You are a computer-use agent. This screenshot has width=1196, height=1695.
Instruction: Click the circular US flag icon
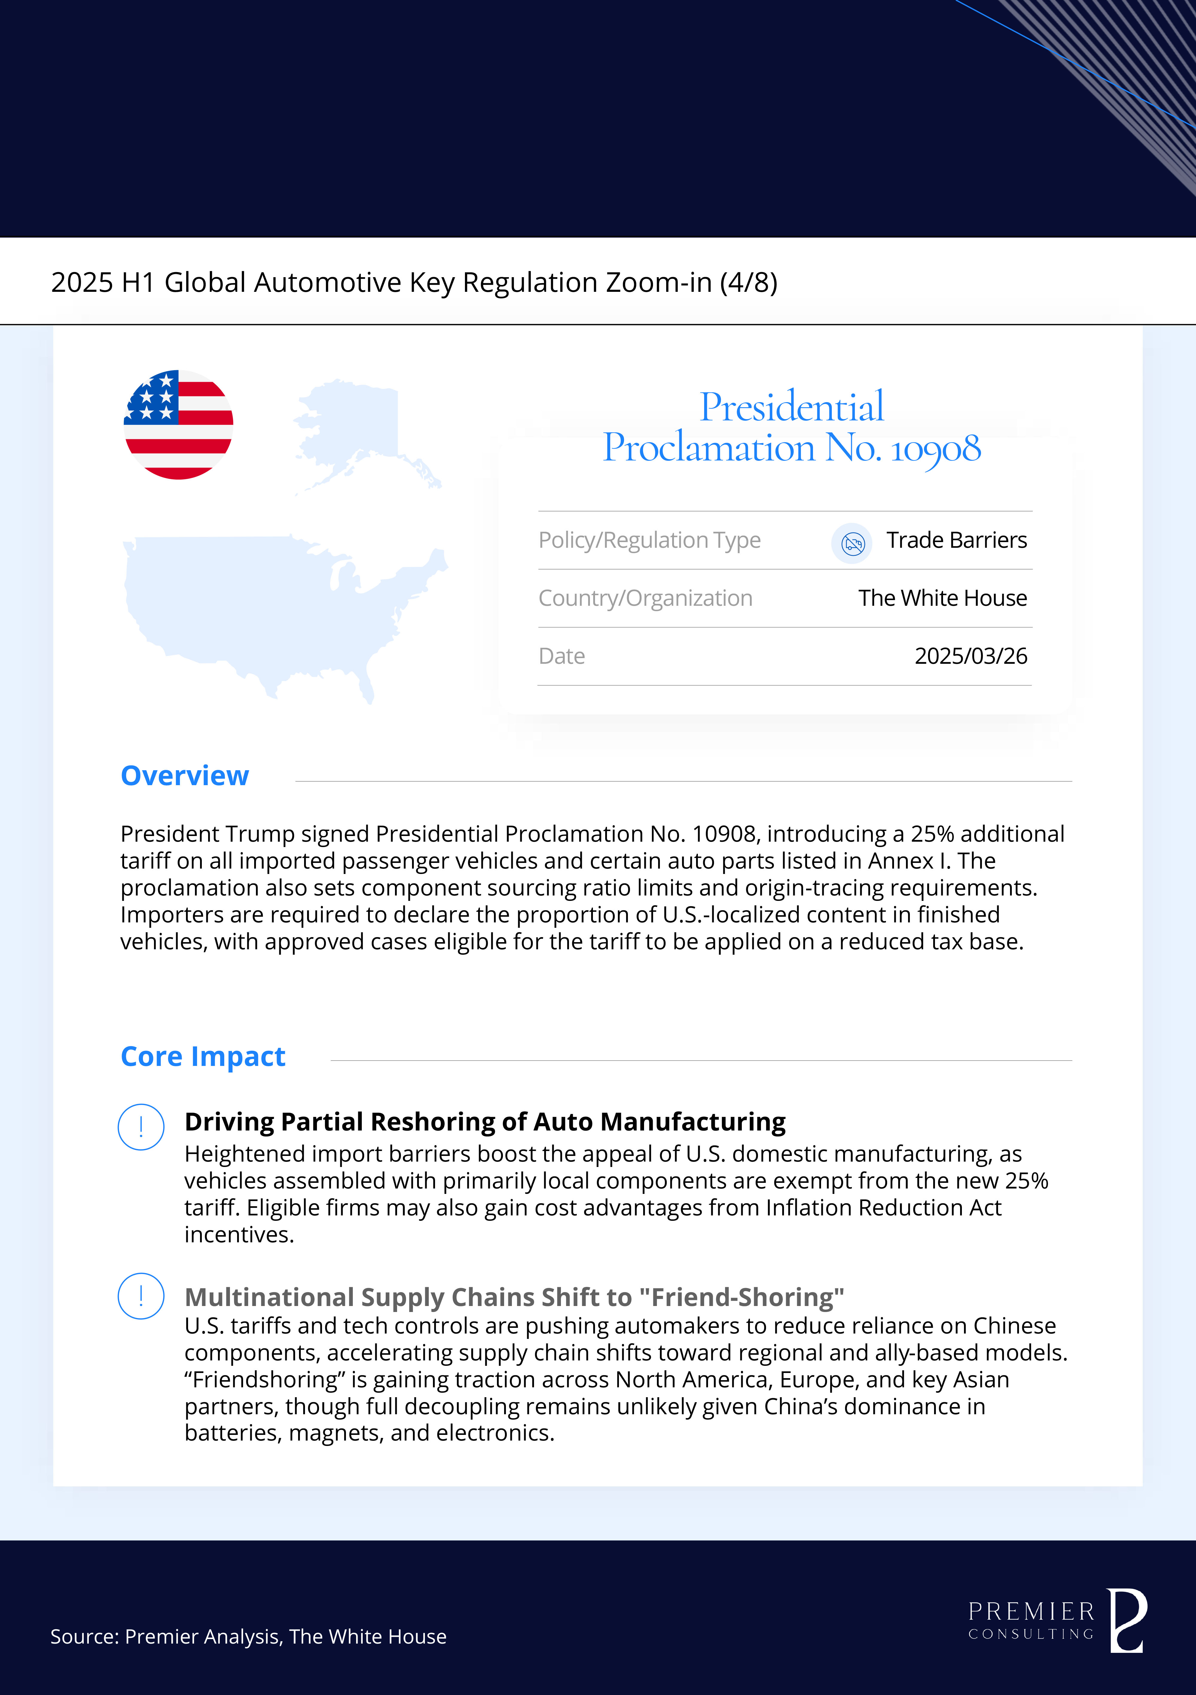coord(179,425)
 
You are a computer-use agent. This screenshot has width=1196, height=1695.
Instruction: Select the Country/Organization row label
coord(645,598)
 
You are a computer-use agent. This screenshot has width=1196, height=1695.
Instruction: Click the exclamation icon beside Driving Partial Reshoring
coord(141,1127)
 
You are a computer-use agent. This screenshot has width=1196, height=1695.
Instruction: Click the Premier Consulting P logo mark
coord(1127,1621)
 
